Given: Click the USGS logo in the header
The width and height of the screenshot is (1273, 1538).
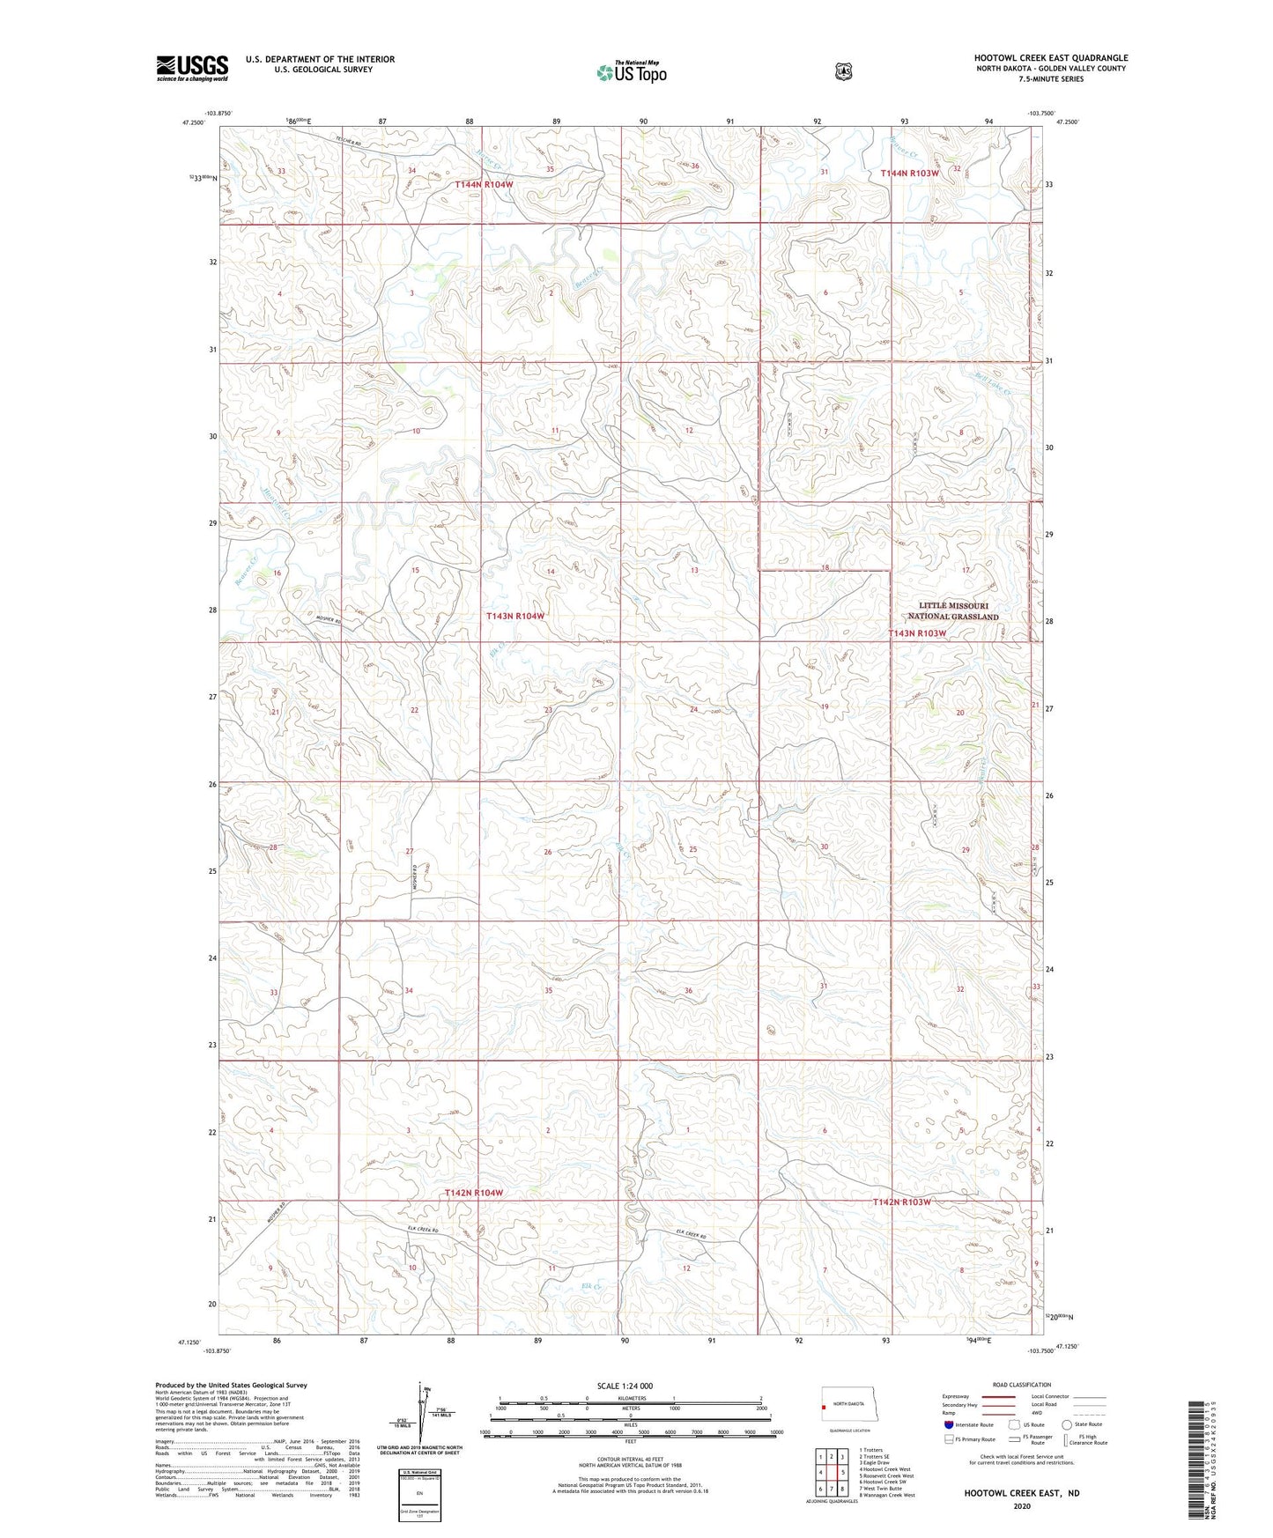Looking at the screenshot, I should pos(192,68).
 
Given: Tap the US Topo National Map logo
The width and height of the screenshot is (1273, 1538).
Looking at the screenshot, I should pos(631,72).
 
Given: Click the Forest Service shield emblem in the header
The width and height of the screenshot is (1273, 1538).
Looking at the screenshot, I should pos(844,71).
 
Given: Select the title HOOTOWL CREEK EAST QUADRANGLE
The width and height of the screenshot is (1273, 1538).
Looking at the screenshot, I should pos(1050,58).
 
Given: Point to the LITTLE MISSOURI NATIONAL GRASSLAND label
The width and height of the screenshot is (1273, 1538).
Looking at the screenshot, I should pos(958,611).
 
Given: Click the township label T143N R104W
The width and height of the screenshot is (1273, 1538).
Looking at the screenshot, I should pos(515,617).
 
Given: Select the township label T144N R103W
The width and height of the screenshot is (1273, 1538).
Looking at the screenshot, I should pos(910,174).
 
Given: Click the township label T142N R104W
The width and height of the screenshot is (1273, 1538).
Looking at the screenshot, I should pos(474,1193).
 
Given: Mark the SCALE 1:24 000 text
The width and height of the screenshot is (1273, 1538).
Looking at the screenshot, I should pos(625,1386).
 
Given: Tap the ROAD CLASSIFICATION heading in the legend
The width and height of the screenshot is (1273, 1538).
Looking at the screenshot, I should pos(1021,1385).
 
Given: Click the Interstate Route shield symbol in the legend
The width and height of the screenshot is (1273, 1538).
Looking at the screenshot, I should pos(947,1423).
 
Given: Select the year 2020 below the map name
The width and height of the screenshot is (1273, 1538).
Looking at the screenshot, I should pos(1021,1505).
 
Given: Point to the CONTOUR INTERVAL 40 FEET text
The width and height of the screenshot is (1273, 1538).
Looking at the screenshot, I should pos(630,1459).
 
